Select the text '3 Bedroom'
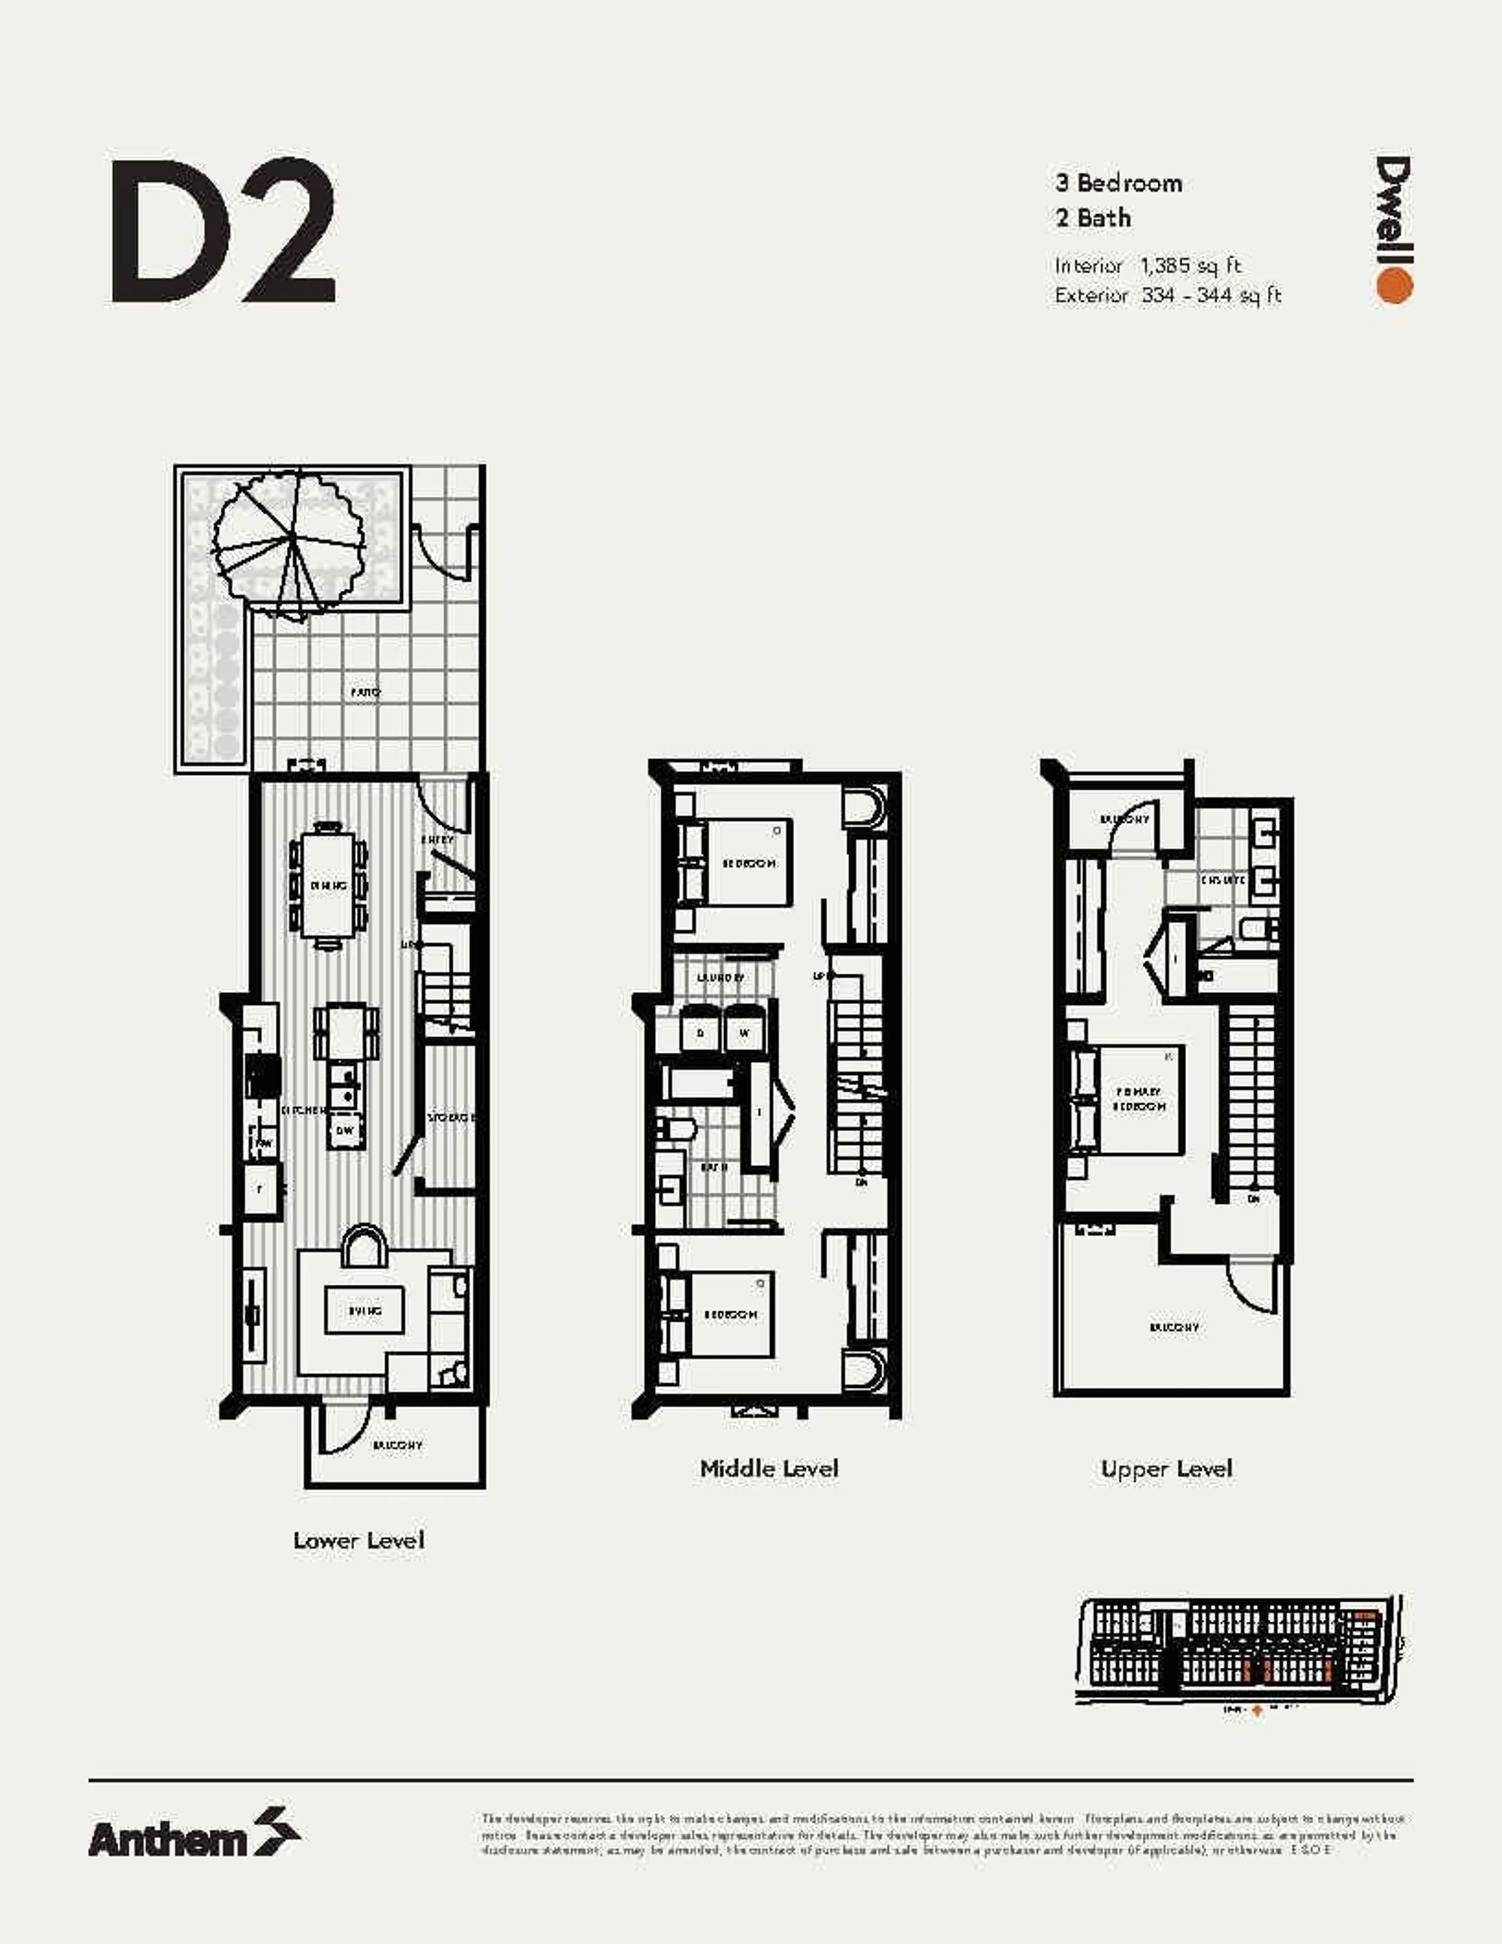pyautogui.click(x=1119, y=183)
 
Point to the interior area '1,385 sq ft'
pyautogui.click(x=1191, y=265)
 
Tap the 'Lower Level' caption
pyautogui.click(x=359, y=1541)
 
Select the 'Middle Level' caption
pyautogui.click(x=769, y=1469)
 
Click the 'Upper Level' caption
pyautogui.click(x=1166, y=1469)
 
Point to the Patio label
pyautogui.click(x=365, y=692)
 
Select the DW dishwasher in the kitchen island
pyautogui.click(x=344, y=1130)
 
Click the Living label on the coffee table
pyautogui.click(x=365, y=1311)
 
